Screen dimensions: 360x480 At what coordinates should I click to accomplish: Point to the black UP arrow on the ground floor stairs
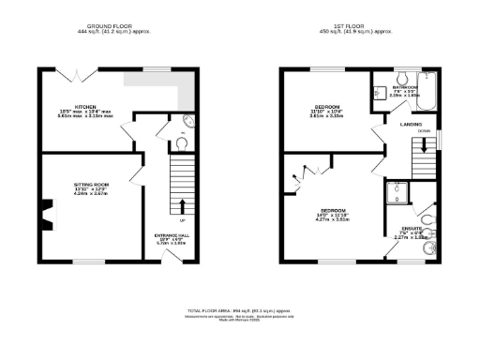click(x=181, y=206)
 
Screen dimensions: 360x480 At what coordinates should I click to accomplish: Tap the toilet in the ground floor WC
click(x=182, y=143)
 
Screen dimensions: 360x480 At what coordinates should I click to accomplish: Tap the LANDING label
click(x=410, y=123)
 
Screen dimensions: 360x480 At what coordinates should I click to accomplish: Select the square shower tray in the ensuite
click(x=399, y=193)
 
